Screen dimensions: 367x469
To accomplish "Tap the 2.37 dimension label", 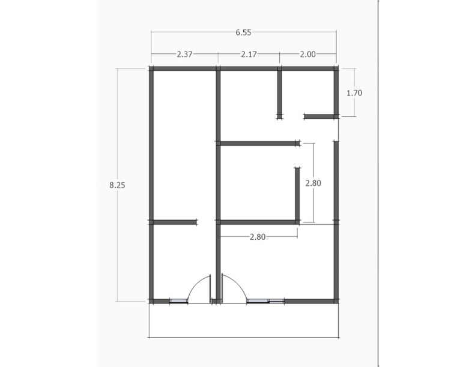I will click(184, 54).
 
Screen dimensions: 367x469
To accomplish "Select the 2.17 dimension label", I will click(249, 54).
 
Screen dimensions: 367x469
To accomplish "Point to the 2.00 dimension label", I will click(307, 54).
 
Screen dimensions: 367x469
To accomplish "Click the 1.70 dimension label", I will click(354, 93).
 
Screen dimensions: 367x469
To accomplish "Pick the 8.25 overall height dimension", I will click(117, 185).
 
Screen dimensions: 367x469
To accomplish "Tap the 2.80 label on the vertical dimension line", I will click(313, 183).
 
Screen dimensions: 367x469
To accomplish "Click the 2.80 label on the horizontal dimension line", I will click(257, 237).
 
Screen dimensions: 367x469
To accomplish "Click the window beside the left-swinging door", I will click(178, 300).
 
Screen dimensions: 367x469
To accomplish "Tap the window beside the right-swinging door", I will click(265, 300).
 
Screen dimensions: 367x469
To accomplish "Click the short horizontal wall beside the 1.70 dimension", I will click(320, 115).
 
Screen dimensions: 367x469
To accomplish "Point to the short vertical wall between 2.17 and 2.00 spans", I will click(280, 93).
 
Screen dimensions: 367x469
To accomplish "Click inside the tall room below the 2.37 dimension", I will click(183, 144).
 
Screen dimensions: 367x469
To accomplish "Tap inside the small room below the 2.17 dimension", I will click(247, 105).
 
